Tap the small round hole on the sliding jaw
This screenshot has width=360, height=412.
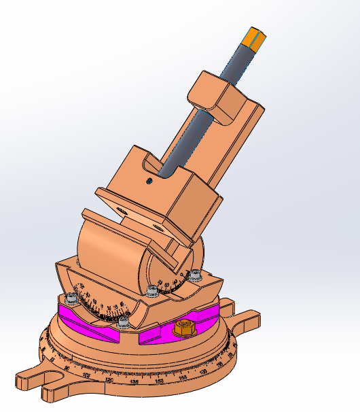(149, 181)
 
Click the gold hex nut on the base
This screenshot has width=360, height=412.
(183, 329)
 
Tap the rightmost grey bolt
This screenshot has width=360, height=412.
(196, 275)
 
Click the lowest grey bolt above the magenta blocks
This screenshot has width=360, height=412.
(124, 320)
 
